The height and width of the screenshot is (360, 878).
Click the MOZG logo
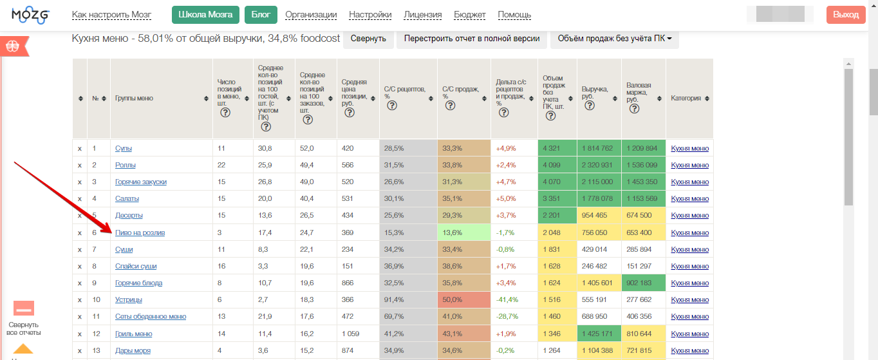point(30,15)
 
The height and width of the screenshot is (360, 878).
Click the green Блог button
point(261,15)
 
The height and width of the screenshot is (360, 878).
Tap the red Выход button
point(846,15)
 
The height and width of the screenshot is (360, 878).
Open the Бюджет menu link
point(469,15)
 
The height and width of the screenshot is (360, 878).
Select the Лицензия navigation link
point(422,15)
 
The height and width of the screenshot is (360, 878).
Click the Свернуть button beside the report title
point(368,39)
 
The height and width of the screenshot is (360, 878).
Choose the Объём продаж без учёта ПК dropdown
point(614,39)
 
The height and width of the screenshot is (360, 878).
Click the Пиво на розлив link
point(140,232)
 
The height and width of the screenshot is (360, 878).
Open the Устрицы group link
point(129,299)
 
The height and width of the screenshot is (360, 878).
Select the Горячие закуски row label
point(141,182)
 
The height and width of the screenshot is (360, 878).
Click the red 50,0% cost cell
point(464,299)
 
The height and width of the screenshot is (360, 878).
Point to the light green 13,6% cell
point(464,232)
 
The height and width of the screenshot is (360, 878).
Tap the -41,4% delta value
point(507,299)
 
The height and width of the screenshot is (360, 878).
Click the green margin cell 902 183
point(644,283)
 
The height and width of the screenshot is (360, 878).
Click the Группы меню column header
point(134,98)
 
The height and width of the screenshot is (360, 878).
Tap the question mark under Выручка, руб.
point(590,106)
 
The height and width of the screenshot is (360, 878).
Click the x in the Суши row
point(80,250)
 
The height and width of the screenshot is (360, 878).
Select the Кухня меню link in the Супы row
point(689,149)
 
